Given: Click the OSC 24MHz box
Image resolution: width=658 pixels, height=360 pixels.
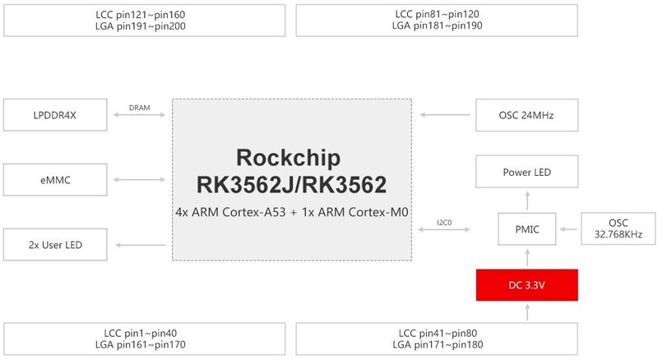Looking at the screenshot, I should point(526,115).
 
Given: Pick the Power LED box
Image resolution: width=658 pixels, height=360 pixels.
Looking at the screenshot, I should point(526,173).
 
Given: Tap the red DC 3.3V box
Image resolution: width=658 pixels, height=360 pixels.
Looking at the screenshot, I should point(526,284).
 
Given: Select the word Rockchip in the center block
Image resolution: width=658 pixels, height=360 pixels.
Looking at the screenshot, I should point(293,157).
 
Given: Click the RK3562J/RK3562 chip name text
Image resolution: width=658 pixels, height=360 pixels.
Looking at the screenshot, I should point(293,183).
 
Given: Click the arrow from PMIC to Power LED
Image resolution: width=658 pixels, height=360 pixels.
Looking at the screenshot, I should point(526,198).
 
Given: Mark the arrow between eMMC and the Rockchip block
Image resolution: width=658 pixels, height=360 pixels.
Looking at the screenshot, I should point(141,179).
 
